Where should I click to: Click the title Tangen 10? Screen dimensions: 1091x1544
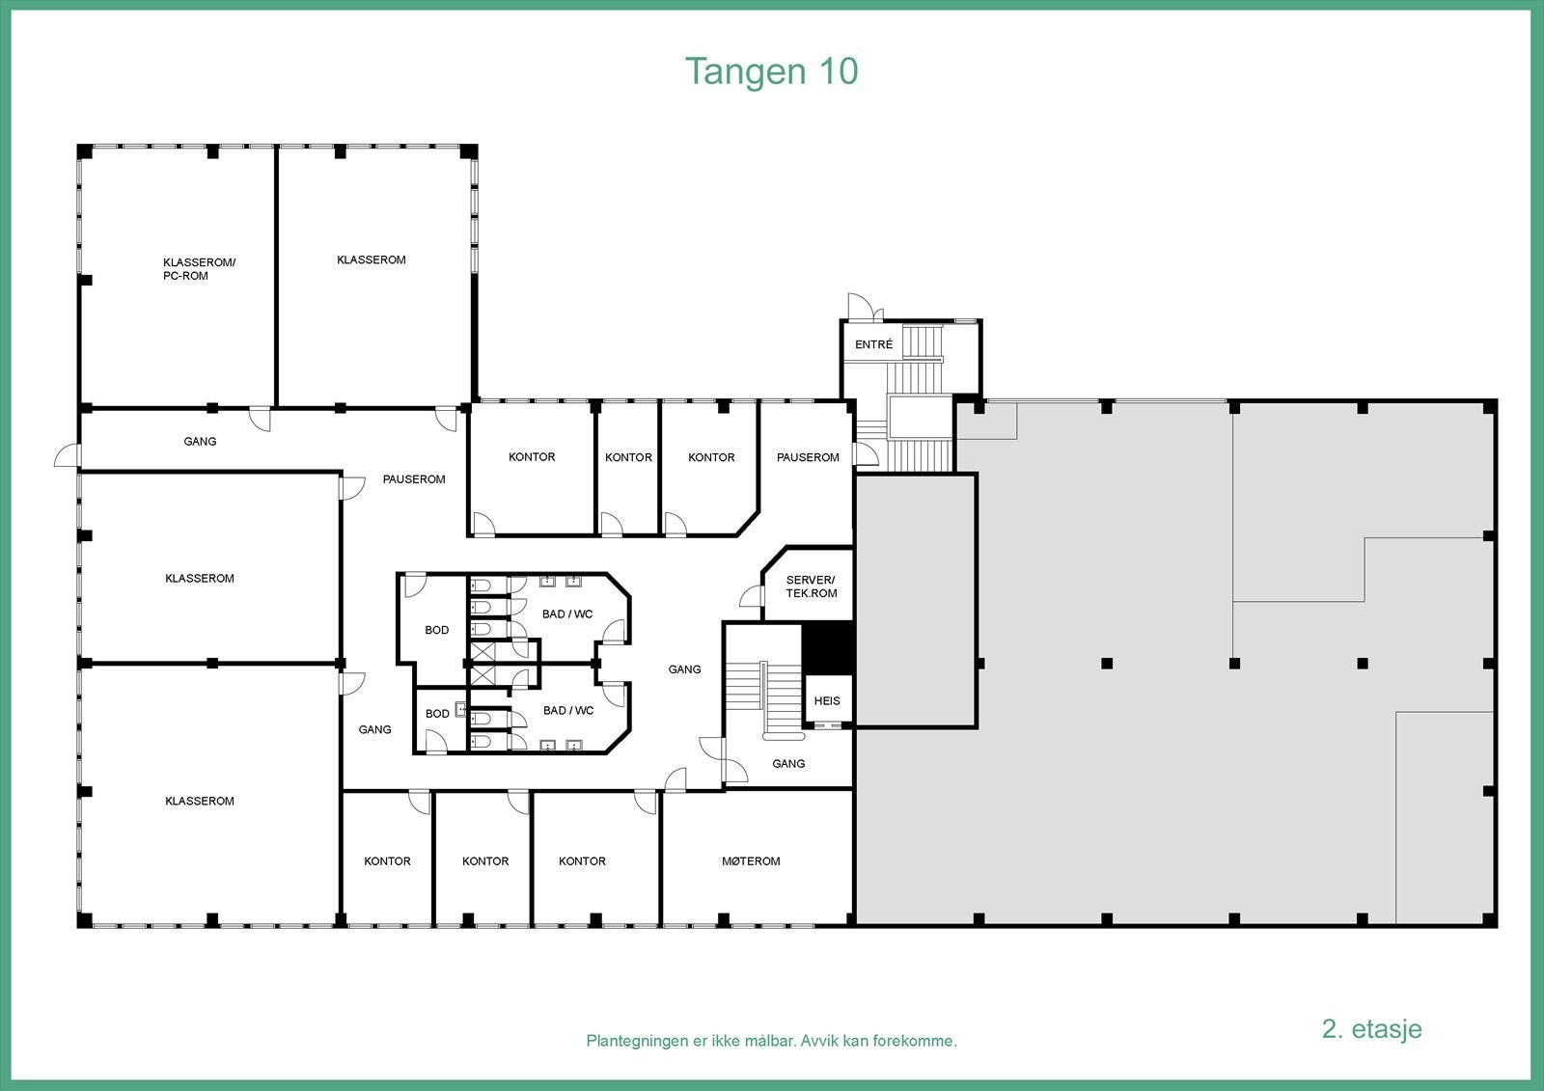771,71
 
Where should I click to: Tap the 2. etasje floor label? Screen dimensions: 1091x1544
1371,1028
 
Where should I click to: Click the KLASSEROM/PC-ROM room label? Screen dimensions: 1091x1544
199,269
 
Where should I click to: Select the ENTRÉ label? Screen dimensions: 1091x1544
873,344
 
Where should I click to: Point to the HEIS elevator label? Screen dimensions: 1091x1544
827,701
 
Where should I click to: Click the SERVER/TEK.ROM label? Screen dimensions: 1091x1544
811,586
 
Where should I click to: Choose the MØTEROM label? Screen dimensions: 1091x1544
751,861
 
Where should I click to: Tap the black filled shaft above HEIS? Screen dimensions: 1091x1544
829,647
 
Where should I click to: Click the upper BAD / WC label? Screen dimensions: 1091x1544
567,614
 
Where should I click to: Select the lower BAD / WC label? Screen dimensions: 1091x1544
568,711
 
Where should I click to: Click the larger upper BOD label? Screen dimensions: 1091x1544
436,630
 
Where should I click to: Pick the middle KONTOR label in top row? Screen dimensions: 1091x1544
628,457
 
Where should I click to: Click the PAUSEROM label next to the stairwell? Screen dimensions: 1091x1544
808,457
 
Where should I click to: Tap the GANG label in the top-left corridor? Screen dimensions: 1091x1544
200,442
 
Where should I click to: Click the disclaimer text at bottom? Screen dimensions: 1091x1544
771,1041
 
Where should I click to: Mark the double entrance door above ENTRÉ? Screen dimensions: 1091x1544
861,308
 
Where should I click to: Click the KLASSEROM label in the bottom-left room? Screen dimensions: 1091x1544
200,801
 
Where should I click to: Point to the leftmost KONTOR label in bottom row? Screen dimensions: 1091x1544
387,861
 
